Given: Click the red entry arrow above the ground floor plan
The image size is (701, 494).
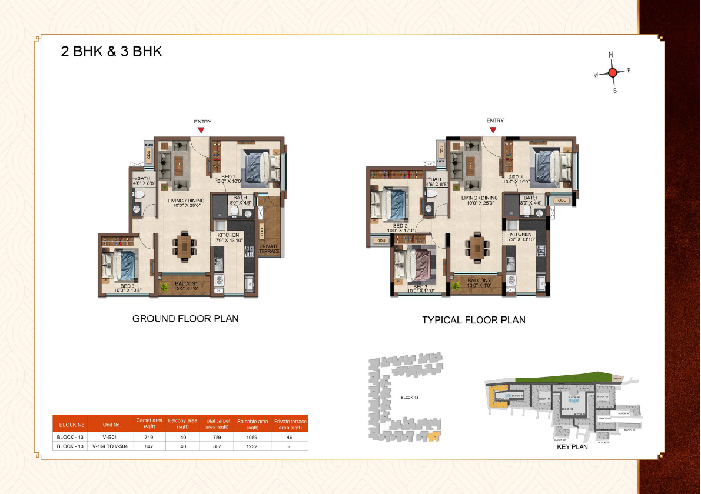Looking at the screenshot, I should (201, 130).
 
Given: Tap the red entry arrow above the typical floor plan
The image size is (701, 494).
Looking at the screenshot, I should (494, 130).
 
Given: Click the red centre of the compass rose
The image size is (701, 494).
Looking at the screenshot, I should (612, 72).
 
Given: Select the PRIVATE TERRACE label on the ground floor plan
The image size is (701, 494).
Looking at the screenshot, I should (270, 249).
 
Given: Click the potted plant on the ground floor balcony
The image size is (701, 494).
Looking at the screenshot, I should (164, 286).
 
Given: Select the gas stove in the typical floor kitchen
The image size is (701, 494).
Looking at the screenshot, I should (541, 251).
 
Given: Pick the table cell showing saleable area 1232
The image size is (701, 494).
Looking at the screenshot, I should (253, 446).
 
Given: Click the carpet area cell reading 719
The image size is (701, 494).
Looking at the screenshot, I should (149, 438).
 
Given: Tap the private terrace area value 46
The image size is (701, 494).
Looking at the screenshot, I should (290, 438).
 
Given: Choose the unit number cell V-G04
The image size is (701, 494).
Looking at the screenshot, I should (111, 438).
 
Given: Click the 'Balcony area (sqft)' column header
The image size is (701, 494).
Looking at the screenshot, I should (182, 424).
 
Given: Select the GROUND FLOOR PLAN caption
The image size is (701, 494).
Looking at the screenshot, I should (185, 319).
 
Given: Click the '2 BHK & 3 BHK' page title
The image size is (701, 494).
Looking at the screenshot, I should (111, 51).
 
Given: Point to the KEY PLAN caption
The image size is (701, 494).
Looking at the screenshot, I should (572, 447).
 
